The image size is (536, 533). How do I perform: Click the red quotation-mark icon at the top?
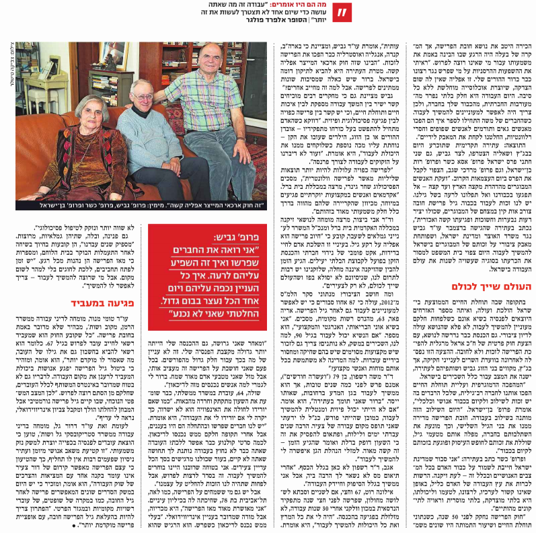[343, 13]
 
